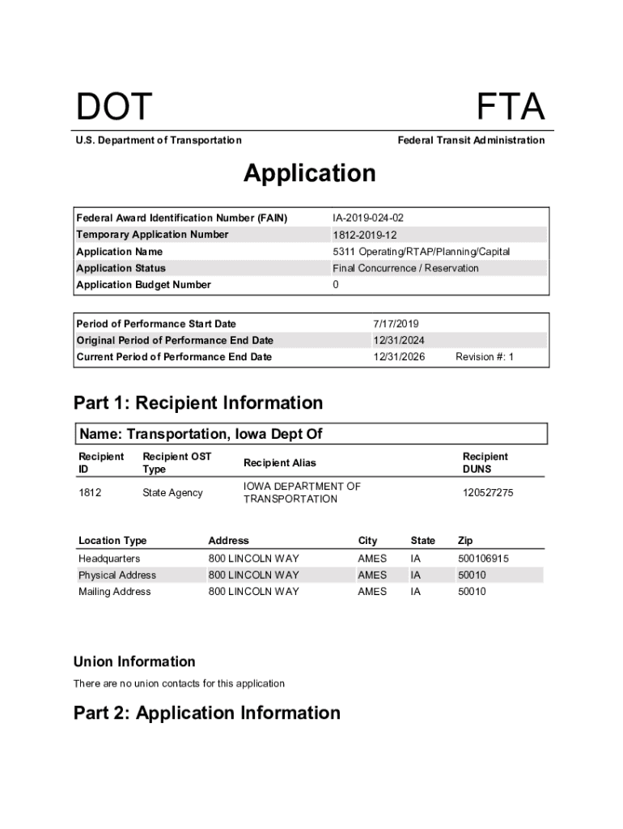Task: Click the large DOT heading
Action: pos(113,108)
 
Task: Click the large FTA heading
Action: pos(510,108)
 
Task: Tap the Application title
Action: pos(310,173)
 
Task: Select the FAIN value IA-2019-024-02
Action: pos(368,218)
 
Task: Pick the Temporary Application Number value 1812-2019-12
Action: pos(365,235)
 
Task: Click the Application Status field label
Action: pos(121,268)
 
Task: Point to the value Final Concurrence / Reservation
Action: pos(405,268)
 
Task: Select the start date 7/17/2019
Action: pos(396,324)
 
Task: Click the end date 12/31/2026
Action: pos(399,357)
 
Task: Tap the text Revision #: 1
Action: pos(485,357)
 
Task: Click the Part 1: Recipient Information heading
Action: pos(198,403)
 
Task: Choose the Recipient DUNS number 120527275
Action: pos(488,493)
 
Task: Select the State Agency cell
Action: pos(172,493)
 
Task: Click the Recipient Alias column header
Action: pos(280,463)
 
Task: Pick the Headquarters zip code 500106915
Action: pos(484,559)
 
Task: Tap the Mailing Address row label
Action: pos(114,592)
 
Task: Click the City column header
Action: pos(368,541)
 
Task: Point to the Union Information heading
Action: pos(134,661)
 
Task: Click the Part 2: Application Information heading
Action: pos(207,713)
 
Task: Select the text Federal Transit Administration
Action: pos(471,141)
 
